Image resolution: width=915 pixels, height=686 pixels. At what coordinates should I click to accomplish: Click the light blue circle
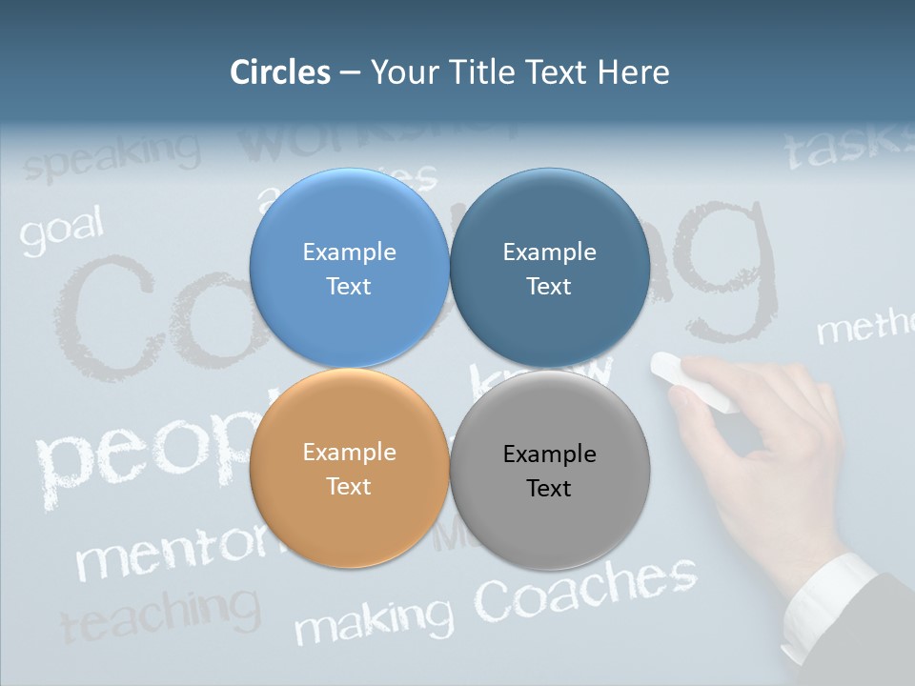pyautogui.click(x=349, y=268)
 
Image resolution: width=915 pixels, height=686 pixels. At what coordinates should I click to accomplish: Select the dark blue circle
pyautogui.click(x=549, y=268)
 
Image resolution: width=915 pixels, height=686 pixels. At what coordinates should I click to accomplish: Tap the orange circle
pyautogui.click(x=349, y=468)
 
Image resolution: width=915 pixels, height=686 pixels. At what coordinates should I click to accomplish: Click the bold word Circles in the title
pyautogui.click(x=280, y=72)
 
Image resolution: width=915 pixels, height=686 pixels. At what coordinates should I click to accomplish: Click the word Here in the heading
pyautogui.click(x=633, y=72)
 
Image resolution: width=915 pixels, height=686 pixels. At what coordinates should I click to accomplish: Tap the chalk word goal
pyautogui.click(x=61, y=233)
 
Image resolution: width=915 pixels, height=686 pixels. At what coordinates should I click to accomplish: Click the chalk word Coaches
pyautogui.click(x=585, y=588)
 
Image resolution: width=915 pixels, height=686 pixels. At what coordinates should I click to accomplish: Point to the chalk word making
pyautogui.click(x=374, y=620)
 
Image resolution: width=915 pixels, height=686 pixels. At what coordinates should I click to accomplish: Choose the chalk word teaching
pyautogui.click(x=160, y=614)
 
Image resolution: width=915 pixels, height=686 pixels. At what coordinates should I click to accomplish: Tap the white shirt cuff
pyautogui.click(x=825, y=601)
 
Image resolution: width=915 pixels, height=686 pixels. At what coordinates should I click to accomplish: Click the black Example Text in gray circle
pyautogui.click(x=549, y=471)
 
